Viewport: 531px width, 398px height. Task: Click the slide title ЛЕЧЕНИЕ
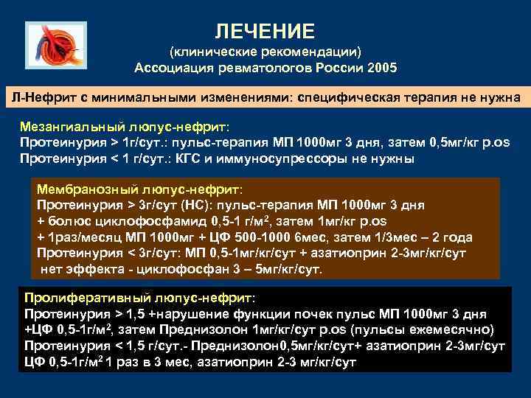click(265, 31)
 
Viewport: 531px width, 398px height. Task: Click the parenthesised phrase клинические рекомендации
click(265, 52)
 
